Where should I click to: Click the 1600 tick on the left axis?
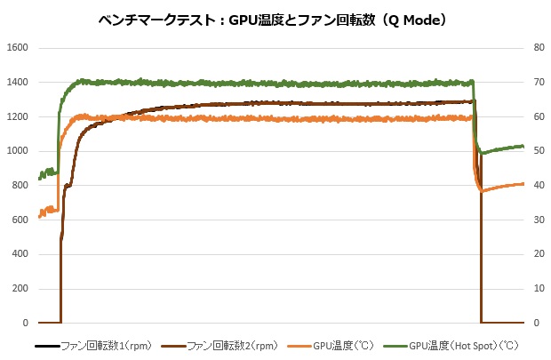point(19,48)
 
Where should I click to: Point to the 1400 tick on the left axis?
point(19,83)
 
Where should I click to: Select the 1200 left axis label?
point(19,116)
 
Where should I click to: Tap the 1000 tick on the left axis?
point(19,151)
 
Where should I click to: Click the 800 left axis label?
point(21,186)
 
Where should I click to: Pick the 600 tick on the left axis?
point(21,220)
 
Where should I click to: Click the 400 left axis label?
point(21,254)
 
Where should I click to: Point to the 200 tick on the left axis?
point(21,289)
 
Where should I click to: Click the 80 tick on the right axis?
point(538,48)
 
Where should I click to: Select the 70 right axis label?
point(538,83)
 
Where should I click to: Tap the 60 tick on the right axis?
point(538,116)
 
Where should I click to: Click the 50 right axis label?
point(538,151)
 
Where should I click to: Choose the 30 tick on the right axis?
point(538,220)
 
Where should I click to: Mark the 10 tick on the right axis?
point(538,289)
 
